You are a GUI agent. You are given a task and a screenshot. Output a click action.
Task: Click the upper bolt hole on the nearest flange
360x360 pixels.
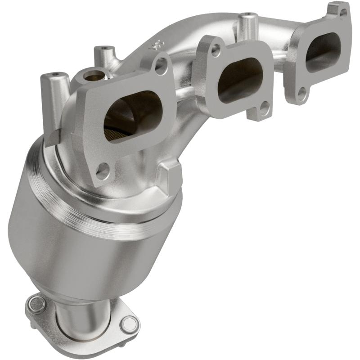[x=161, y=66]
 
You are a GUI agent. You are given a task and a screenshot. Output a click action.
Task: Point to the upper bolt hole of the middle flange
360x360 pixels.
[x=216, y=50]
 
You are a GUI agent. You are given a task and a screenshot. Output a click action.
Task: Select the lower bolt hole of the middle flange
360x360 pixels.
[x=265, y=108]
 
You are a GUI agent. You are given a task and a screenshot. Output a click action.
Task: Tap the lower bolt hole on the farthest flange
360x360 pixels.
[x=302, y=94]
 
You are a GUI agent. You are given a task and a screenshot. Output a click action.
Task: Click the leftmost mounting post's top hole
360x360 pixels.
[x=55, y=74]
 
